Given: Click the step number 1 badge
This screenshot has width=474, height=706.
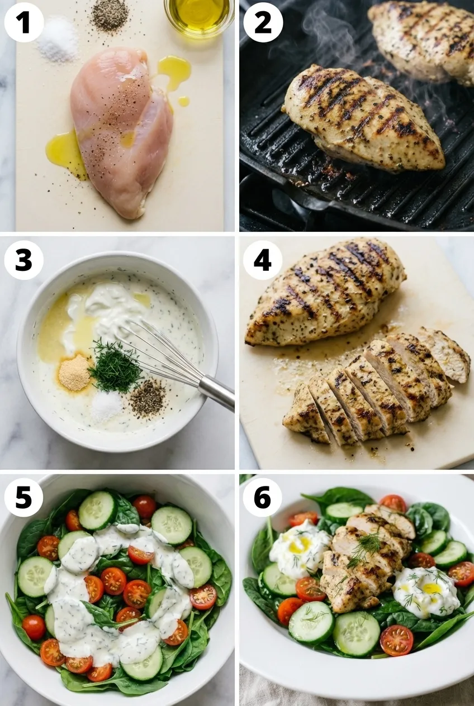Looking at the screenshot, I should coord(23,22).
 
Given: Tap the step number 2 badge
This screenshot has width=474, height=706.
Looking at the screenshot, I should coord(263,22).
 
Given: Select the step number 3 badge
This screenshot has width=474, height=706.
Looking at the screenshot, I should coord(23,260).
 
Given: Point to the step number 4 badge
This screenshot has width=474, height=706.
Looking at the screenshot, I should coord(263,260).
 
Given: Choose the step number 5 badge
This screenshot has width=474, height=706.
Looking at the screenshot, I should coord(23,497).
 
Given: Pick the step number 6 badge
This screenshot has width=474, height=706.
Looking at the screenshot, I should coord(263,497).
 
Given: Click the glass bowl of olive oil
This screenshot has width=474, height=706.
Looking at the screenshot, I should coord(200,15).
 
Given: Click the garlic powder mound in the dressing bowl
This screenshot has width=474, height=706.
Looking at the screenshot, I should coord(75,373).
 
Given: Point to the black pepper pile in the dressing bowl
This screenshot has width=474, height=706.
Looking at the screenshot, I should coord(148,399).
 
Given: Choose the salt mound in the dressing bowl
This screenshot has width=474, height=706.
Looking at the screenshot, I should coord(106,406).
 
